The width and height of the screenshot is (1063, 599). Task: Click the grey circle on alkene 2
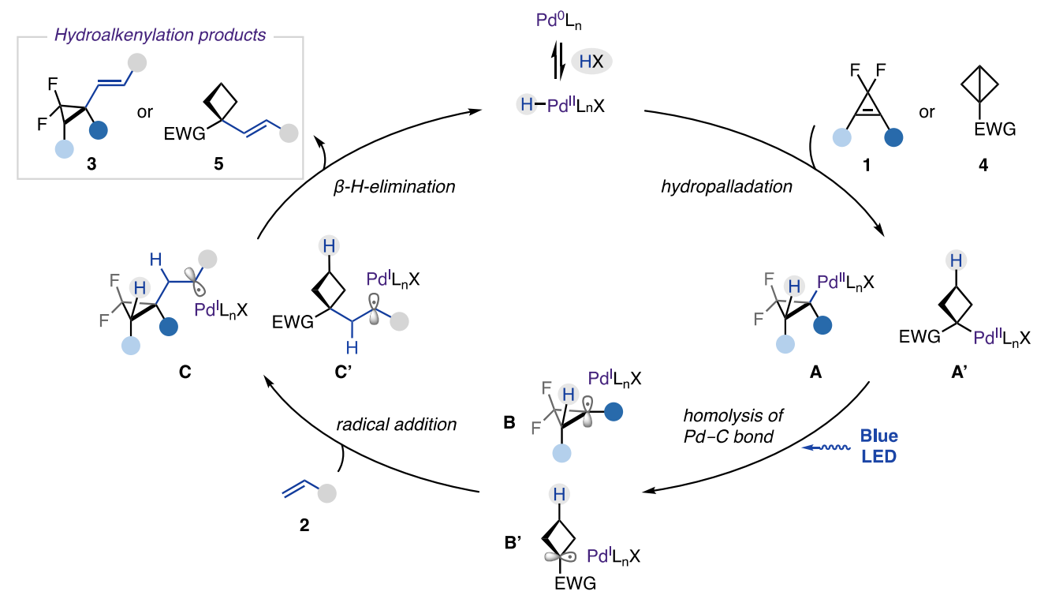click(326, 494)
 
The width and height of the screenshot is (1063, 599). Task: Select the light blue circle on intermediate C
click(131, 344)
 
